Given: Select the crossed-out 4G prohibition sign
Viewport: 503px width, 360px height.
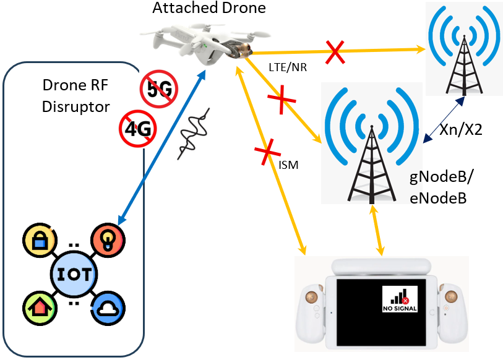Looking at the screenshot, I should coord(137,129).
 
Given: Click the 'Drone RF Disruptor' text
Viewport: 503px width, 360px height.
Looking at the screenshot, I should coord(76,95).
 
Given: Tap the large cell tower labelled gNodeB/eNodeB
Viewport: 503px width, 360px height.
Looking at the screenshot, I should coord(369,145).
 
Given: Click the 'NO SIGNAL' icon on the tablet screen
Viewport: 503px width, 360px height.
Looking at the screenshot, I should coord(400,299).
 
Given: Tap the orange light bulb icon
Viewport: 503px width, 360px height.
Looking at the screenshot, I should coord(108,239).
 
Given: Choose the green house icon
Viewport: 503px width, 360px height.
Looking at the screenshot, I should coord(38,307).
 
